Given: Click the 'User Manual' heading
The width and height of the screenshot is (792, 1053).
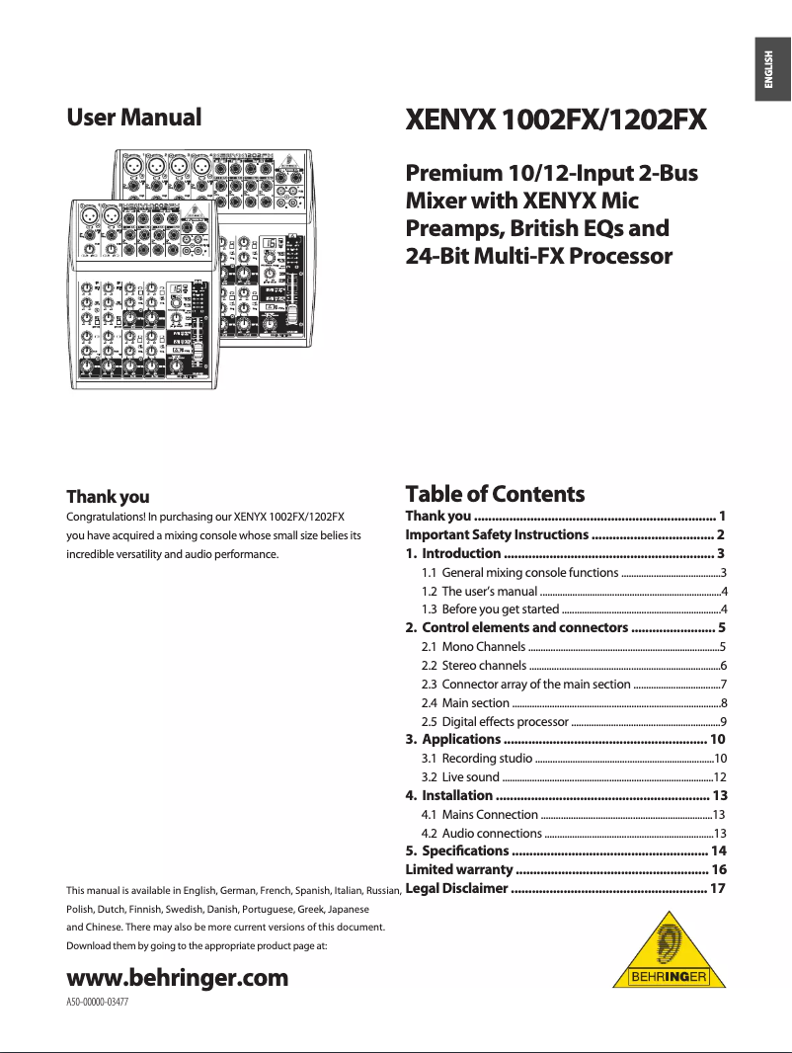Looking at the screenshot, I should [133, 118].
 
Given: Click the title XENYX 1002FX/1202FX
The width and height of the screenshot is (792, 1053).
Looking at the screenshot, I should [557, 121].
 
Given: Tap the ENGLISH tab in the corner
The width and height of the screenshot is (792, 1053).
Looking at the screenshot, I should [771, 70].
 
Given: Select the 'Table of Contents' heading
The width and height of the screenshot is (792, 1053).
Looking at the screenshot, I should [495, 494].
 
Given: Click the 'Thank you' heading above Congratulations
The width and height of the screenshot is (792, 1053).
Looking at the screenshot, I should [108, 496].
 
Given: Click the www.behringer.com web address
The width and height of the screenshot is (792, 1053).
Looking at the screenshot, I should [177, 978].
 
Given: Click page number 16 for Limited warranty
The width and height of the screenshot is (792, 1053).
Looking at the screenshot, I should [719, 869].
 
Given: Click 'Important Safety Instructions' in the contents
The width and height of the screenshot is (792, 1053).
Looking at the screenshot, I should [497, 534].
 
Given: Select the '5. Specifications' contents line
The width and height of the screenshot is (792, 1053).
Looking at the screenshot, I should [457, 850].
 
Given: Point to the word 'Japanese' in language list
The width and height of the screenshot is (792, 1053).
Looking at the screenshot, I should [347, 909].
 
